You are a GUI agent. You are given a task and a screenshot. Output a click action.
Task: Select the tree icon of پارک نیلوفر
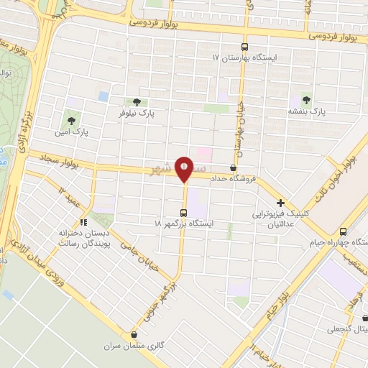pos(134,102)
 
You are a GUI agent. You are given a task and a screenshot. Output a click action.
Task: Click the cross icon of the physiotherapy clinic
pos(281,203)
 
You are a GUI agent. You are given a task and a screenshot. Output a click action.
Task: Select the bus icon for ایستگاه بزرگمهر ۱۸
pos(183,213)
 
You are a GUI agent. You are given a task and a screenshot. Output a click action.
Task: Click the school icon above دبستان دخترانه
pos(84,222)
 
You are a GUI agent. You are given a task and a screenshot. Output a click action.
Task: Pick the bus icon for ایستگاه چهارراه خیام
pos(344,232)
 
